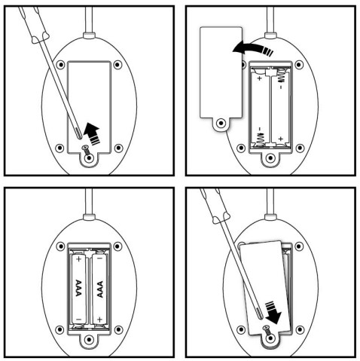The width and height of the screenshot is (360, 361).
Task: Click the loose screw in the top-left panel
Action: click(86, 150)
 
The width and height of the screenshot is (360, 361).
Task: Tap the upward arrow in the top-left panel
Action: click(92, 133)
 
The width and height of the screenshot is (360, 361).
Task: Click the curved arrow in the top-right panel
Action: click(252, 48)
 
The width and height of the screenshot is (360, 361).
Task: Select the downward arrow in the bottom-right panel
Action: click(273, 313)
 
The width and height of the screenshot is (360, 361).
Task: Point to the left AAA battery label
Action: click(78, 288)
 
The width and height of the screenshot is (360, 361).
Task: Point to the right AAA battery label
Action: click(100, 289)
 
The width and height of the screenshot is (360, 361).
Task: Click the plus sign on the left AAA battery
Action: click(78, 259)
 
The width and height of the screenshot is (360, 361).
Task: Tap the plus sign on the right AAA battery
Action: click(99, 320)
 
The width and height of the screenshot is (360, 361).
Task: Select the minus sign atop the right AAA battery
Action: click(99, 259)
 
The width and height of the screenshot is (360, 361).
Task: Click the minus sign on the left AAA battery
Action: click(78, 320)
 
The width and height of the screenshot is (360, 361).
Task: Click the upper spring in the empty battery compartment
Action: click(281, 75)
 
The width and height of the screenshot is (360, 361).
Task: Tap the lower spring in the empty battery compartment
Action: click(261, 139)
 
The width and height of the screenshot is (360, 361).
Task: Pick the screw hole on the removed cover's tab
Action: click(221, 123)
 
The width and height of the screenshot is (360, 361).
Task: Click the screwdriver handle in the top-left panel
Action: click(33, 23)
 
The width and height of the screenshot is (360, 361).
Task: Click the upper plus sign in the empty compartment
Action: click(260, 78)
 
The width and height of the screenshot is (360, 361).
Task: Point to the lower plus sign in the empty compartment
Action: click(281, 139)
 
